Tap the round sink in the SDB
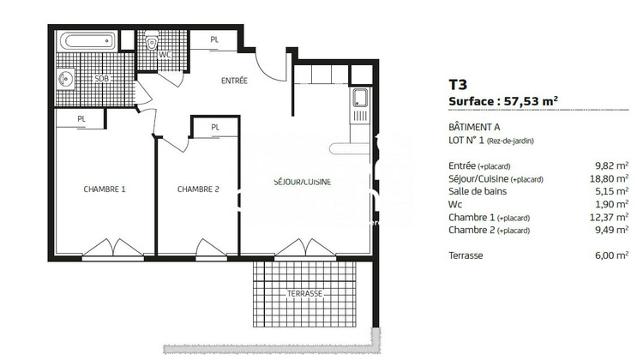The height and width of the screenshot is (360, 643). coord(65,80)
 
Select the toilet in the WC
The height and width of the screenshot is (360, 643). coord(152,42)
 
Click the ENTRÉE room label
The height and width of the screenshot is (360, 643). coord(234,81)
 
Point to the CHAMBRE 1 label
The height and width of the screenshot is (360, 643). coord(105,189)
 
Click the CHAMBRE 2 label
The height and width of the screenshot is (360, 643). coord(198,189)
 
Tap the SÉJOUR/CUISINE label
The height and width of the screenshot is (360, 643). coord(302,182)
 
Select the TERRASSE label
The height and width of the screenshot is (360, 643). coord(304,293)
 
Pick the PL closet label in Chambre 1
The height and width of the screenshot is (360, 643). coord(81,119)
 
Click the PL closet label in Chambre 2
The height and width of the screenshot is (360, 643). coord(215,128)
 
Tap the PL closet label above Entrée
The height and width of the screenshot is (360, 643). coord(215,39)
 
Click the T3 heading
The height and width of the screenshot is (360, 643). coord(459,85)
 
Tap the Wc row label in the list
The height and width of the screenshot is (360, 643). coord(455,204)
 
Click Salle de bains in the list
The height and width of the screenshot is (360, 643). coord(477,191)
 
